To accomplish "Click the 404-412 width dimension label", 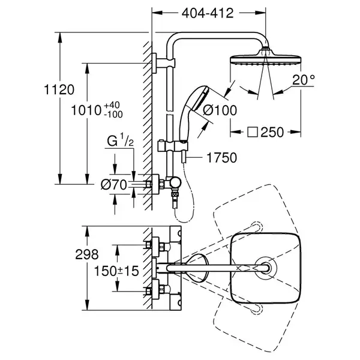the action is [208, 13].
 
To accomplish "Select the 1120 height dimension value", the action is [59, 89].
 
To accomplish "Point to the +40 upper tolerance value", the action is [112, 106].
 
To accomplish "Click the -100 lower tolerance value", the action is [113, 115].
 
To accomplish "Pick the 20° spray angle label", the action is [304, 80].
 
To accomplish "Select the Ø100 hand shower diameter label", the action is [220, 110].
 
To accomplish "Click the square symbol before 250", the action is [253, 132].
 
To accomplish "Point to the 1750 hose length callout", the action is [221, 158].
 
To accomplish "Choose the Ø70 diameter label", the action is [114, 185].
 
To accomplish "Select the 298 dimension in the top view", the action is [87, 254].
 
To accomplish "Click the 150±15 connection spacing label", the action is [116, 271].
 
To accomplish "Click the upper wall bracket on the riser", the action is [163, 62].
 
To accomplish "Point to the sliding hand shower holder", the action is [173, 146].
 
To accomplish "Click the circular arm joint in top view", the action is [266, 268].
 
